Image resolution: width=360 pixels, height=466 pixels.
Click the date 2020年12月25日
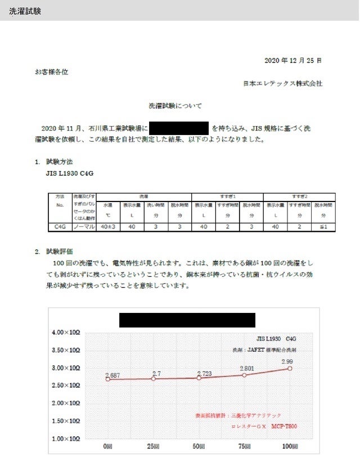(x=292, y=60)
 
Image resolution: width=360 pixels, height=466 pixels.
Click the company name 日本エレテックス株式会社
(x=282, y=83)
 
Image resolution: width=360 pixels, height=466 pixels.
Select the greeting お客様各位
(x=52, y=72)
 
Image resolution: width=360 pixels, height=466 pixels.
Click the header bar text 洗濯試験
(x=25, y=11)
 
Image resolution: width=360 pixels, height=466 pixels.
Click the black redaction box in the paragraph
(x=179, y=128)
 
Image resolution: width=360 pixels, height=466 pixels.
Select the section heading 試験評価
(x=60, y=251)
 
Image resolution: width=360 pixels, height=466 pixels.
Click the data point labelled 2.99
(x=290, y=368)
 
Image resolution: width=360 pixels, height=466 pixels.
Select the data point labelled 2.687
(x=107, y=379)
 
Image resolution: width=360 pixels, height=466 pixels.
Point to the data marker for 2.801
(x=244, y=375)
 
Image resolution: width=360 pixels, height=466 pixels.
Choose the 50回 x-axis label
(x=199, y=446)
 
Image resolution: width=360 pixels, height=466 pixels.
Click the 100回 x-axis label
(x=290, y=446)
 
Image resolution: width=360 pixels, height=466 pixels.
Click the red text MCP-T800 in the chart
(x=284, y=427)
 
